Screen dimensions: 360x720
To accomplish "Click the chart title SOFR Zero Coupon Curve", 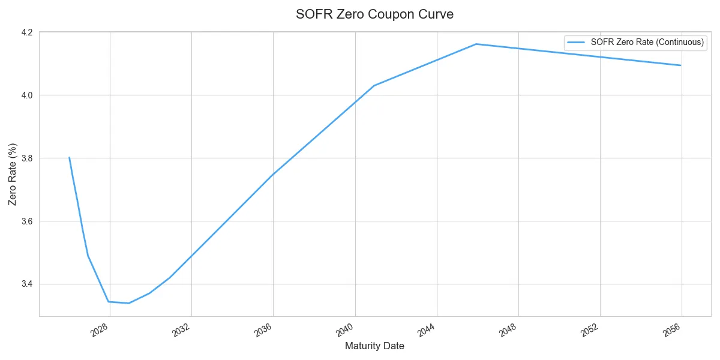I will click(374, 14).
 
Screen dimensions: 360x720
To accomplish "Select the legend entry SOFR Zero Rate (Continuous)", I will click(638, 42).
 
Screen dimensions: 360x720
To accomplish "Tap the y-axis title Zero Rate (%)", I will click(13, 174).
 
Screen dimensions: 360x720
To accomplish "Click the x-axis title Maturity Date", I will click(374, 346).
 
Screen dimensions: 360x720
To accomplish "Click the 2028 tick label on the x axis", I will click(100, 329).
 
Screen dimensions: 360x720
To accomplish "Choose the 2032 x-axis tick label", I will click(182, 329).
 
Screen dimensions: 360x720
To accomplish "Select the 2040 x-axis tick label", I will click(346, 329).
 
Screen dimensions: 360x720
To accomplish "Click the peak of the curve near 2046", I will click(476, 44).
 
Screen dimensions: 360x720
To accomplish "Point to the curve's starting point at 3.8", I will click(70, 158).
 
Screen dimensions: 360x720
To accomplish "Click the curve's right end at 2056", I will click(680, 65).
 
